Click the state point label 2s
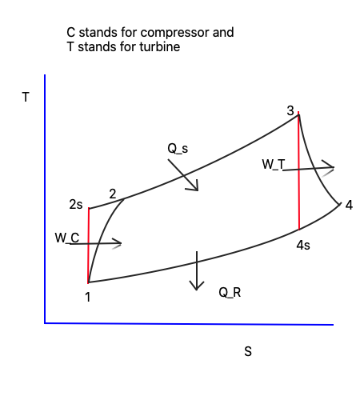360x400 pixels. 76,205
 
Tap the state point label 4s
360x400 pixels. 303,245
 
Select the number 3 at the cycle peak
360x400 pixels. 290,110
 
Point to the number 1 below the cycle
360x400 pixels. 88,297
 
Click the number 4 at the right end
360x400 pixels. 349,205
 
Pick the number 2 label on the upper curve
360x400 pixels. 113,194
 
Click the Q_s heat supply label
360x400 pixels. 178,149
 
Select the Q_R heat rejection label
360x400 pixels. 230,293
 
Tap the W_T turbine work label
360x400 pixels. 274,164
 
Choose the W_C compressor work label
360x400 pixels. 67,238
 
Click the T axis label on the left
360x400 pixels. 26,97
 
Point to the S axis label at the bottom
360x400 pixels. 248,351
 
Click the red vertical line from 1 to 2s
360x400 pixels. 88,246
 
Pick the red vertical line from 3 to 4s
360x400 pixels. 298,170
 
